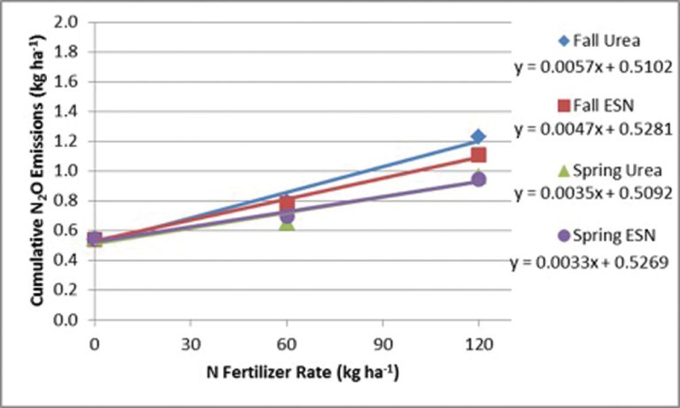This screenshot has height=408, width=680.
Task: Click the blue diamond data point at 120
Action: pyautogui.click(x=478, y=136)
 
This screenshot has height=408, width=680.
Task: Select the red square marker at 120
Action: pyautogui.click(x=478, y=156)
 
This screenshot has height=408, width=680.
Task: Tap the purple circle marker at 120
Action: pyautogui.click(x=478, y=180)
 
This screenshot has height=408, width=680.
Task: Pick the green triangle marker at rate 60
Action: pyautogui.click(x=286, y=225)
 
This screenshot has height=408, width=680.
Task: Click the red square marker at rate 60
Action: pyautogui.click(x=286, y=203)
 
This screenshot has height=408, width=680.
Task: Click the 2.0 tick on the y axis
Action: pyautogui.click(x=72, y=21)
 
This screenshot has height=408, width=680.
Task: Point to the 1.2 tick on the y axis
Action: pyautogui.click(x=72, y=141)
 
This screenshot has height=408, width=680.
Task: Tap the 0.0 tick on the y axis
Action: pyautogui.click(x=72, y=320)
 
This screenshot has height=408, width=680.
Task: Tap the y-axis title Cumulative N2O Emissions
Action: pyautogui.click(x=40, y=173)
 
